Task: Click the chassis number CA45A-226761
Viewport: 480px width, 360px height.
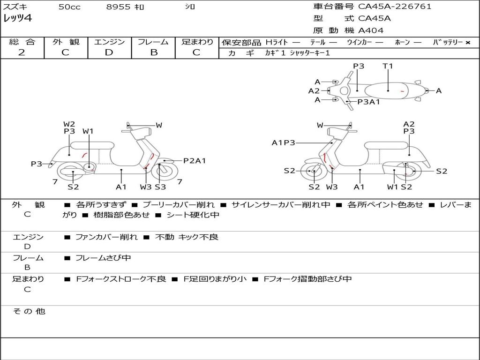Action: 395,7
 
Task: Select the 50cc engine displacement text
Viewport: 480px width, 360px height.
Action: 69,7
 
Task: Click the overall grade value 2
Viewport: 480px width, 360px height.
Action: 22,52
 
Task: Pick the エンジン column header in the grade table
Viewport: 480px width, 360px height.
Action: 109,42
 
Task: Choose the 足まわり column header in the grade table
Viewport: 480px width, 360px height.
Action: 197,42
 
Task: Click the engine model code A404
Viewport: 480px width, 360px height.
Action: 371,30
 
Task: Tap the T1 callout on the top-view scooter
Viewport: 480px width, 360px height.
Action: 388,66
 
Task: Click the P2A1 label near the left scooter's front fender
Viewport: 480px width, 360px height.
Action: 194,161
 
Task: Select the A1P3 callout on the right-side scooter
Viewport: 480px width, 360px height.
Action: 283,142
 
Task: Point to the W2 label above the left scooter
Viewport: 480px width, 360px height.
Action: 69,124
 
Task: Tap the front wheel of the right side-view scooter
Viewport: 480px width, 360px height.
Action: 314,172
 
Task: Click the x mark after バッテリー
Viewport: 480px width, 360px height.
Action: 467,42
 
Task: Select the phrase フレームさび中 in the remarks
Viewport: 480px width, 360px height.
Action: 103,258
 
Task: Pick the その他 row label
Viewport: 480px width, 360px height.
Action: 29,311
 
